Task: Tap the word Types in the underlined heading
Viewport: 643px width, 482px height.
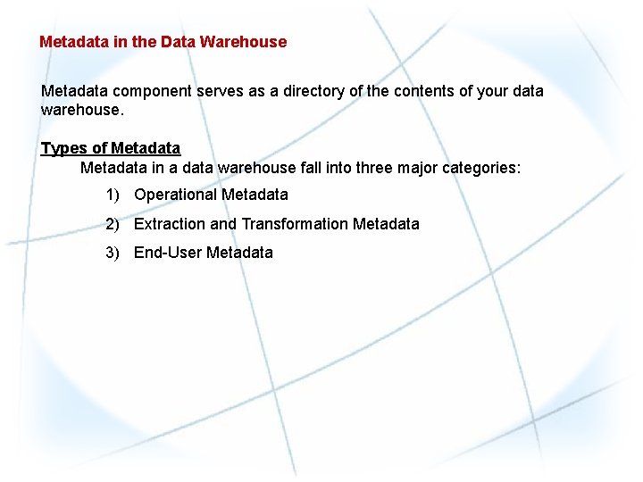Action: [x=63, y=148]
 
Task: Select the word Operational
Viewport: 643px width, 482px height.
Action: [x=175, y=195]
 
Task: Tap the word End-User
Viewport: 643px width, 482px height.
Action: [x=168, y=253]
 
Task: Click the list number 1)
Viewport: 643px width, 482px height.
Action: [x=112, y=195]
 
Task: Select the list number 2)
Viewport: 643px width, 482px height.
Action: [x=112, y=224]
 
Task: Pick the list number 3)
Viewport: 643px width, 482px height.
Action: [x=112, y=253]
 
